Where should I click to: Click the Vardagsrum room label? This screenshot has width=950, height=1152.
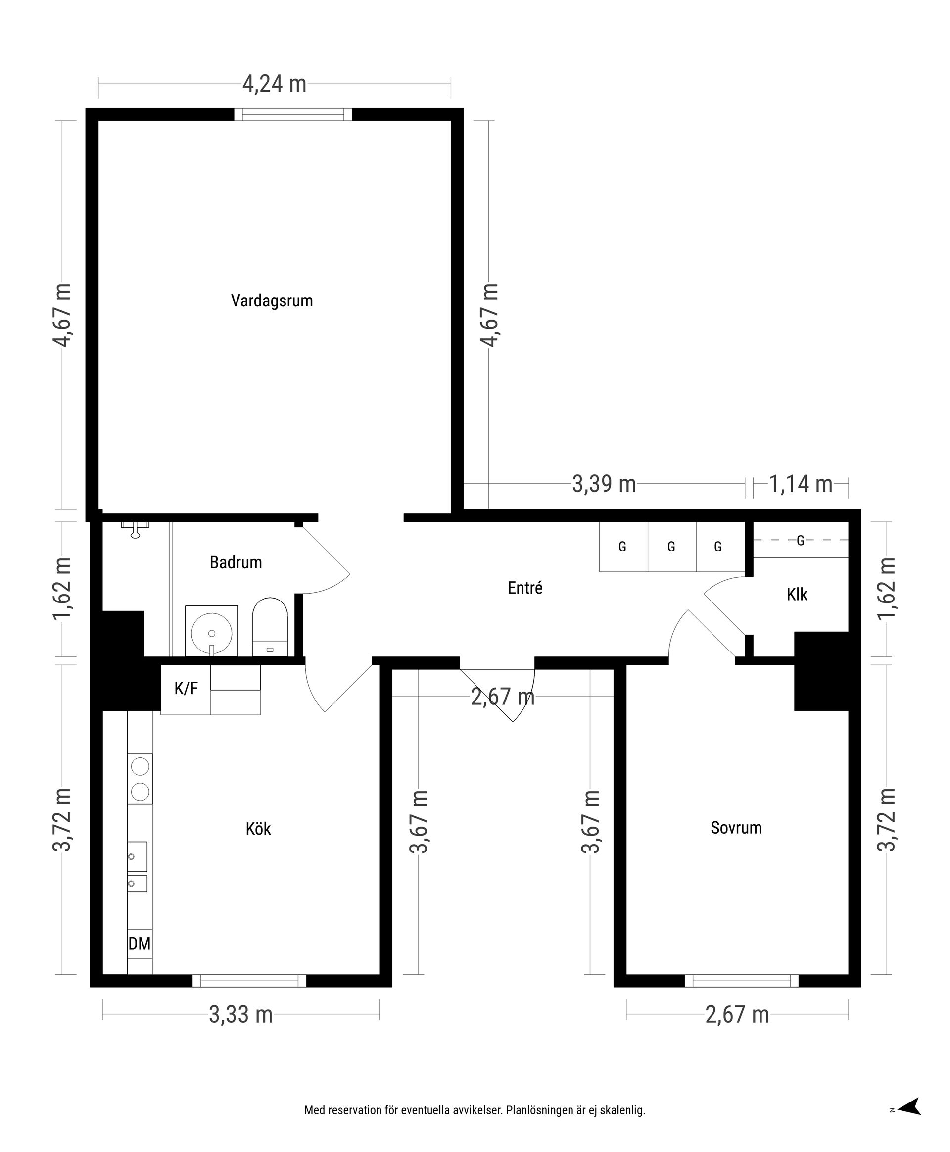point(272,301)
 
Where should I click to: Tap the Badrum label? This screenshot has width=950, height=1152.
point(236,562)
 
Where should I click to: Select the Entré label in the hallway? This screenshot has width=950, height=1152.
point(525,588)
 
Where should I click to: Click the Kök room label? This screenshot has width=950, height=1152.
point(258,829)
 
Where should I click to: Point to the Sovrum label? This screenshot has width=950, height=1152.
point(736,828)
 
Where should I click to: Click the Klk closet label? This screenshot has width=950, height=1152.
point(797,595)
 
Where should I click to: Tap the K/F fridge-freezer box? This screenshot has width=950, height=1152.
point(186,689)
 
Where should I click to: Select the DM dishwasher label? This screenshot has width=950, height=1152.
point(140,944)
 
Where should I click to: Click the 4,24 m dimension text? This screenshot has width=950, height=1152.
point(274,84)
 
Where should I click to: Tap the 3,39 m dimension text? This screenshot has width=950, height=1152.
point(604,484)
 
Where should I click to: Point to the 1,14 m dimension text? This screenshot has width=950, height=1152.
point(801,484)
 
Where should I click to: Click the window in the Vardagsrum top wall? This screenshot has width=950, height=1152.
point(293,114)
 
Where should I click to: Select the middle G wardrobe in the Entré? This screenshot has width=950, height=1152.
point(671,547)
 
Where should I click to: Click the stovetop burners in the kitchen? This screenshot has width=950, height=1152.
point(140,779)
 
